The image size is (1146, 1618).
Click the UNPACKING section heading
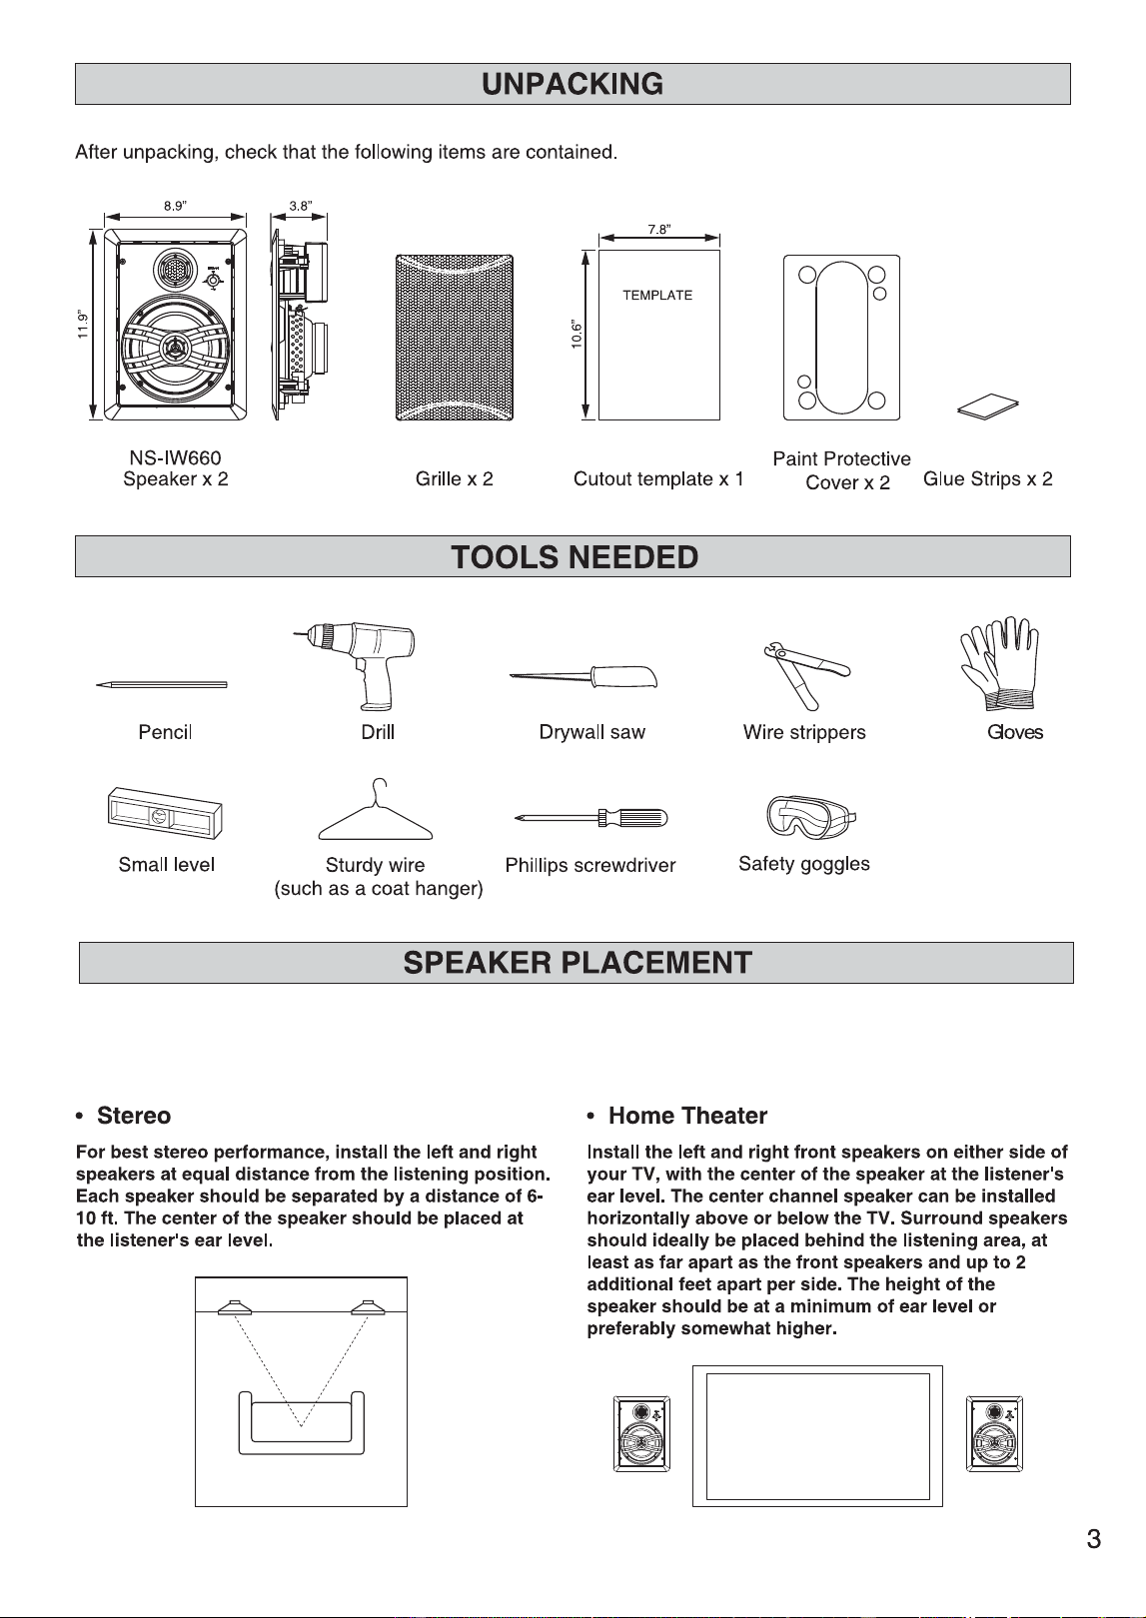573,84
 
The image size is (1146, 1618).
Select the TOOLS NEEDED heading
574,557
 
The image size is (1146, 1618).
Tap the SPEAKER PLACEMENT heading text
577,963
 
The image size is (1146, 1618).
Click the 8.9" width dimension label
175,206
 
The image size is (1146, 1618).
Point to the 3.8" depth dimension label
300,206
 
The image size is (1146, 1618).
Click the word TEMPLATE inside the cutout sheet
657,295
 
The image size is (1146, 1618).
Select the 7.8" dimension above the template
658,230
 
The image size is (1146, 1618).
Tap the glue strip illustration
988,405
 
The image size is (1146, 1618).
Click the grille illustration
455,338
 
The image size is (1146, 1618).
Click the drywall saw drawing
583,677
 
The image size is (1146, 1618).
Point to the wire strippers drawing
806,674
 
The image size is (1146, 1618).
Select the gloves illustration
1000,663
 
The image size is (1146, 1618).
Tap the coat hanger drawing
376,809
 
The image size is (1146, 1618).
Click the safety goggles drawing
810,817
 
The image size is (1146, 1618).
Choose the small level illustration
165,813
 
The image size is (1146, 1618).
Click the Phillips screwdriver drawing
591,818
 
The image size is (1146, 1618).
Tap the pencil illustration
161,685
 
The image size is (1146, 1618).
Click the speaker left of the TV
641,1434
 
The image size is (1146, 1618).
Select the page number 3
1094,1539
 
